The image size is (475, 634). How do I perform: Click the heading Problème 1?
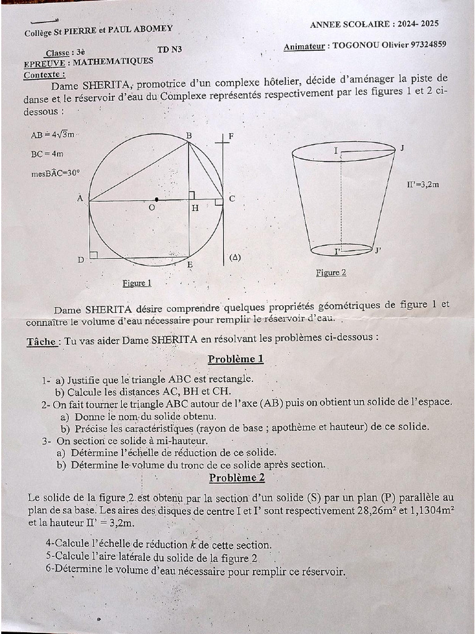click(236, 359)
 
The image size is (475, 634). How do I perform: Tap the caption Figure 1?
click(137, 283)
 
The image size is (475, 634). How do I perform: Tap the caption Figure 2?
click(331, 272)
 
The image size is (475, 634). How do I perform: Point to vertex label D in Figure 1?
click(80, 260)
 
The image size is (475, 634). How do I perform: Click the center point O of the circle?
click(156, 200)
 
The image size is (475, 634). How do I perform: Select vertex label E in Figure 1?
click(189, 265)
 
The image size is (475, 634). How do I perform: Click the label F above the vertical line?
click(231, 136)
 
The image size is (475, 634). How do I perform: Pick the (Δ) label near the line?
click(234, 257)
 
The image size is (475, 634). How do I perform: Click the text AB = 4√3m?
click(53, 134)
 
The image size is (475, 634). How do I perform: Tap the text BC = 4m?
click(46, 154)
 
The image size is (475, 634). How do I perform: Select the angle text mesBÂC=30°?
click(55, 174)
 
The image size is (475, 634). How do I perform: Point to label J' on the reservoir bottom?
click(378, 250)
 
